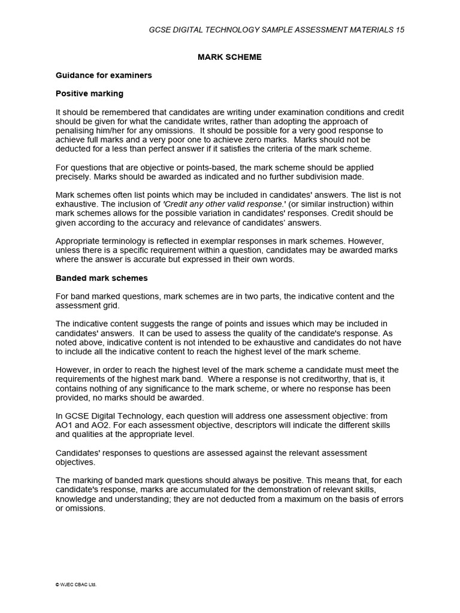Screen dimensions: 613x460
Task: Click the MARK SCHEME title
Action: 230,57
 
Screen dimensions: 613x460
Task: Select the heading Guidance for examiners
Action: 104,75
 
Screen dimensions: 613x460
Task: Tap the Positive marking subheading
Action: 89,93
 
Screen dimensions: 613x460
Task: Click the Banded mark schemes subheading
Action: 102,278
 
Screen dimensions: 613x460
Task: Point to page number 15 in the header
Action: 400,30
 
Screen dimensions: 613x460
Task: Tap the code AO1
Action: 66,425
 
